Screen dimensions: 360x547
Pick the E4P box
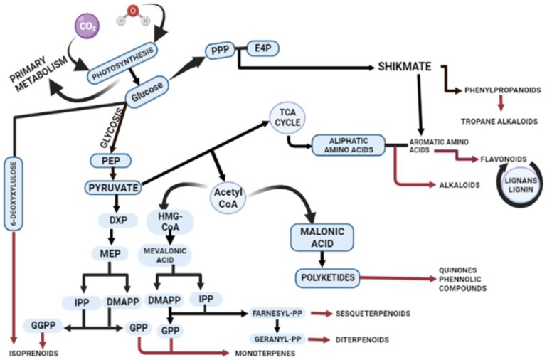[262, 49]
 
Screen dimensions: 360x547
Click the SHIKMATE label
[403, 67]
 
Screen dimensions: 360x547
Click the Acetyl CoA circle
[228, 194]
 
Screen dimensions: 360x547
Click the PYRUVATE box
[113, 188]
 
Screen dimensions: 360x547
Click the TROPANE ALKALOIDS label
[499, 121]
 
